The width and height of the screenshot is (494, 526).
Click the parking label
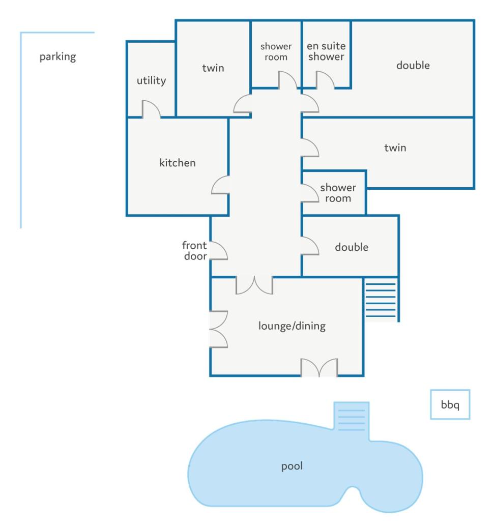pos(57,56)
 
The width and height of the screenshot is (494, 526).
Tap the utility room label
pos(152,80)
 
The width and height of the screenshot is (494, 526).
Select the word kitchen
pos(178,163)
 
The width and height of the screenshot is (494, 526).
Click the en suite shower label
pos(326,51)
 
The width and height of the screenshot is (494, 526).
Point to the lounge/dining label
pos(292,326)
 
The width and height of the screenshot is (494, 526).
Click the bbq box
pos(450,404)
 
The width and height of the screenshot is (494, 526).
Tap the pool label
pos(292,466)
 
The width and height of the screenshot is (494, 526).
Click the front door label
pos(195,251)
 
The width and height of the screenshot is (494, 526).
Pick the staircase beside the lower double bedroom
pos(381,300)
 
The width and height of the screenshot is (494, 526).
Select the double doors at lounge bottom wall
pos(319,367)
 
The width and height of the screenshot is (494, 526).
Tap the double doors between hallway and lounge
pos(254,285)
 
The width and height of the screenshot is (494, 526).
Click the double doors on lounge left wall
pos(219,330)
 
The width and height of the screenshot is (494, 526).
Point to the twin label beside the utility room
pos(213,68)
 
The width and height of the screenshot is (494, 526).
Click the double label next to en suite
pos(413,65)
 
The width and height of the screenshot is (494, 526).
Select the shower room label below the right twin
pos(338,193)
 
